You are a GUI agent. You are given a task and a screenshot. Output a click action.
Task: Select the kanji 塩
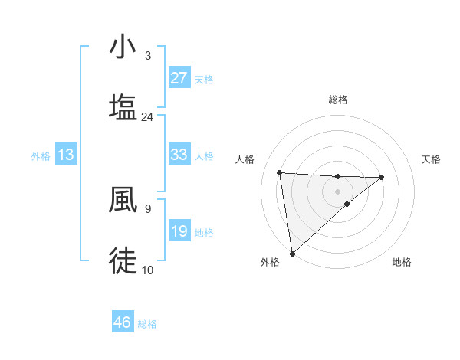(123, 106)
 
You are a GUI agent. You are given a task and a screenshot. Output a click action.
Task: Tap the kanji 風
(123, 200)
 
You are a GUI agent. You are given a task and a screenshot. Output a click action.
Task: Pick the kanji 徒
(123, 260)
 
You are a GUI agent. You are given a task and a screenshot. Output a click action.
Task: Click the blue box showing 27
(179, 78)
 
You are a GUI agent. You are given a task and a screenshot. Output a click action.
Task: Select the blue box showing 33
(179, 155)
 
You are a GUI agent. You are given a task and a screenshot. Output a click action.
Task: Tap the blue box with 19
(179, 231)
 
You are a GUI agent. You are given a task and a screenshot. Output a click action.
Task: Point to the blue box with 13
(66, 155)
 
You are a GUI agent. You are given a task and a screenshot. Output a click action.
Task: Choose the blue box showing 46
(123, 322)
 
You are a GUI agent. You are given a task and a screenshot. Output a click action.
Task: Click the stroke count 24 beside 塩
(147, 116)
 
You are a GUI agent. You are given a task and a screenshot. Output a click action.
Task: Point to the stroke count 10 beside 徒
(147, 270)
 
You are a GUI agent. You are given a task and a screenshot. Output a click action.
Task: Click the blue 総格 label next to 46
(147, 324)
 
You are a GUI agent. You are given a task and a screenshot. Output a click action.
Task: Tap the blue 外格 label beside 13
(41, 155)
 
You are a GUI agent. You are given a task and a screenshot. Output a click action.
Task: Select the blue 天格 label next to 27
(203, 79)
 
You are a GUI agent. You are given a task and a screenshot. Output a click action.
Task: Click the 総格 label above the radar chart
(338, 100)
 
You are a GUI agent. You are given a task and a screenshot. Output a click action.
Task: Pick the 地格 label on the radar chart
(402, 262)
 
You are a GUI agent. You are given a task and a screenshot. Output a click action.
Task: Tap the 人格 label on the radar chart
(246, 159)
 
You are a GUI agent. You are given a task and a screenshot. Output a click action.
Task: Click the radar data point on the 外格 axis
(291, 253)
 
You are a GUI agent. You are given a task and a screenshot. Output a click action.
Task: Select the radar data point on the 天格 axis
(382, 177)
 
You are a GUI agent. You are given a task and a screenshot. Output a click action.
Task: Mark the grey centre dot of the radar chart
(338, 191)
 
